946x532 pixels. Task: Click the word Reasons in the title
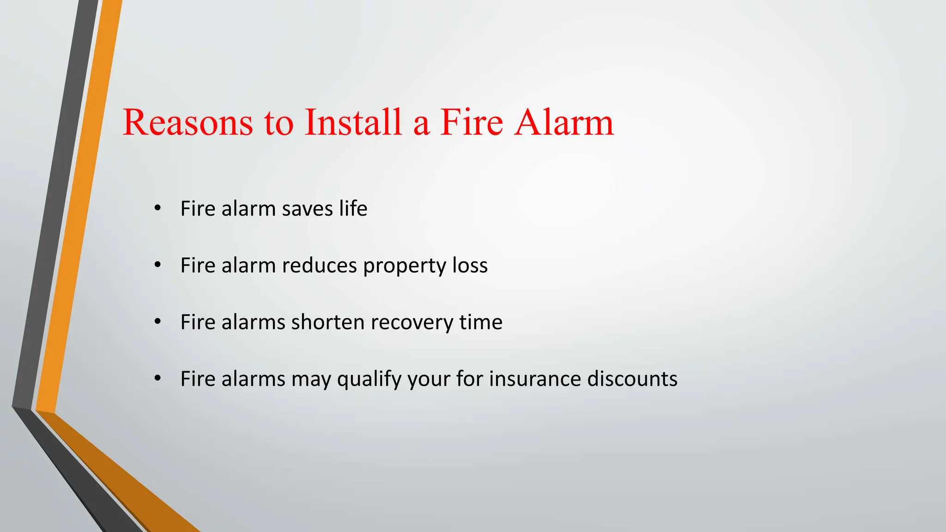pyautogui.click(x=188, y=123)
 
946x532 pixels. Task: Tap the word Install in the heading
pyautogui.click(x=353, y=123)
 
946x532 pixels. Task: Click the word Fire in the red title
pyautogui.click(x=471, y=123)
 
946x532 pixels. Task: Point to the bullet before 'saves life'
pyautogui.click(x=158, y=208)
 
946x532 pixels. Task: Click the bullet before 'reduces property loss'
pyautogui.click(x=158, y=265)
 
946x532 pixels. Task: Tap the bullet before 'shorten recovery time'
pyautogui.click(x=158, y=322)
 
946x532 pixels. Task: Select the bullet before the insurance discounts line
pyautogui.click(x=158, y=379)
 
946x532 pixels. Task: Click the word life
pyautogui.click(x=353, y=209)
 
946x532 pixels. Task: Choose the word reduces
pyautogui.click(x=319, y=266)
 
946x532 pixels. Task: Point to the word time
pyautogui.click(x=481, y=322)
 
